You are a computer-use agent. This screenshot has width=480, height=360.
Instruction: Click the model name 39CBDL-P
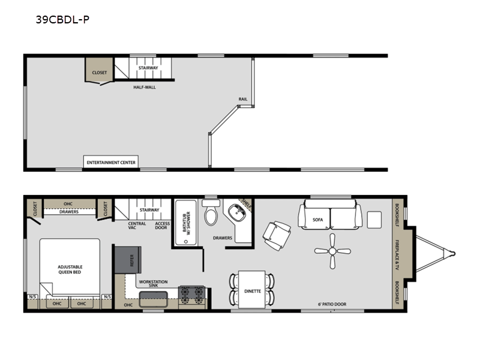62,20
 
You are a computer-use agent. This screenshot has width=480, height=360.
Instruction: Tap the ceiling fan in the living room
332,251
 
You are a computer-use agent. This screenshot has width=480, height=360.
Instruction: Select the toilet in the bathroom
211,212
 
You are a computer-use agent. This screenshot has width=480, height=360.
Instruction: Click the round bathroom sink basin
238,212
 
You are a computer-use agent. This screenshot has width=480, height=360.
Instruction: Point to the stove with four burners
191,295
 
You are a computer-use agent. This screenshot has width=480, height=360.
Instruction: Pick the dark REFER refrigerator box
128,260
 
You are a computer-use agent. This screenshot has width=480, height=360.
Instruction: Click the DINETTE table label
253,291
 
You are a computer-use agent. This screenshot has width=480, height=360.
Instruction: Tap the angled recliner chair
277,236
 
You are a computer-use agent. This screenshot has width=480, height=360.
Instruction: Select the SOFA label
318,220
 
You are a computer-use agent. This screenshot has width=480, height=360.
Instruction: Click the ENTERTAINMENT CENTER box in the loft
111,162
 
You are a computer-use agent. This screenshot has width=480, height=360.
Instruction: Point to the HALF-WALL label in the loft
145,87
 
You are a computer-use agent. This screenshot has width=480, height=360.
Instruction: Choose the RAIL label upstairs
243,99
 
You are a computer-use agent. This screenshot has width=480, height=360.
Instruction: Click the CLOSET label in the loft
100,73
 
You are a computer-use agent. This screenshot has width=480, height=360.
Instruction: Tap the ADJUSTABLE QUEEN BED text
70,269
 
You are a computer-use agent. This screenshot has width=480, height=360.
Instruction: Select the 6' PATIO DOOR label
332,304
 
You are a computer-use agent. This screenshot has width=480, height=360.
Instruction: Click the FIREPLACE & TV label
397,254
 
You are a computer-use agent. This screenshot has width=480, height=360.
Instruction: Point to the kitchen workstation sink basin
154,299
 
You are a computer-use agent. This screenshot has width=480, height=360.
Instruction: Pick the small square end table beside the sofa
374,220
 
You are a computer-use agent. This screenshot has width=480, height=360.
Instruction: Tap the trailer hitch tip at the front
454,254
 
